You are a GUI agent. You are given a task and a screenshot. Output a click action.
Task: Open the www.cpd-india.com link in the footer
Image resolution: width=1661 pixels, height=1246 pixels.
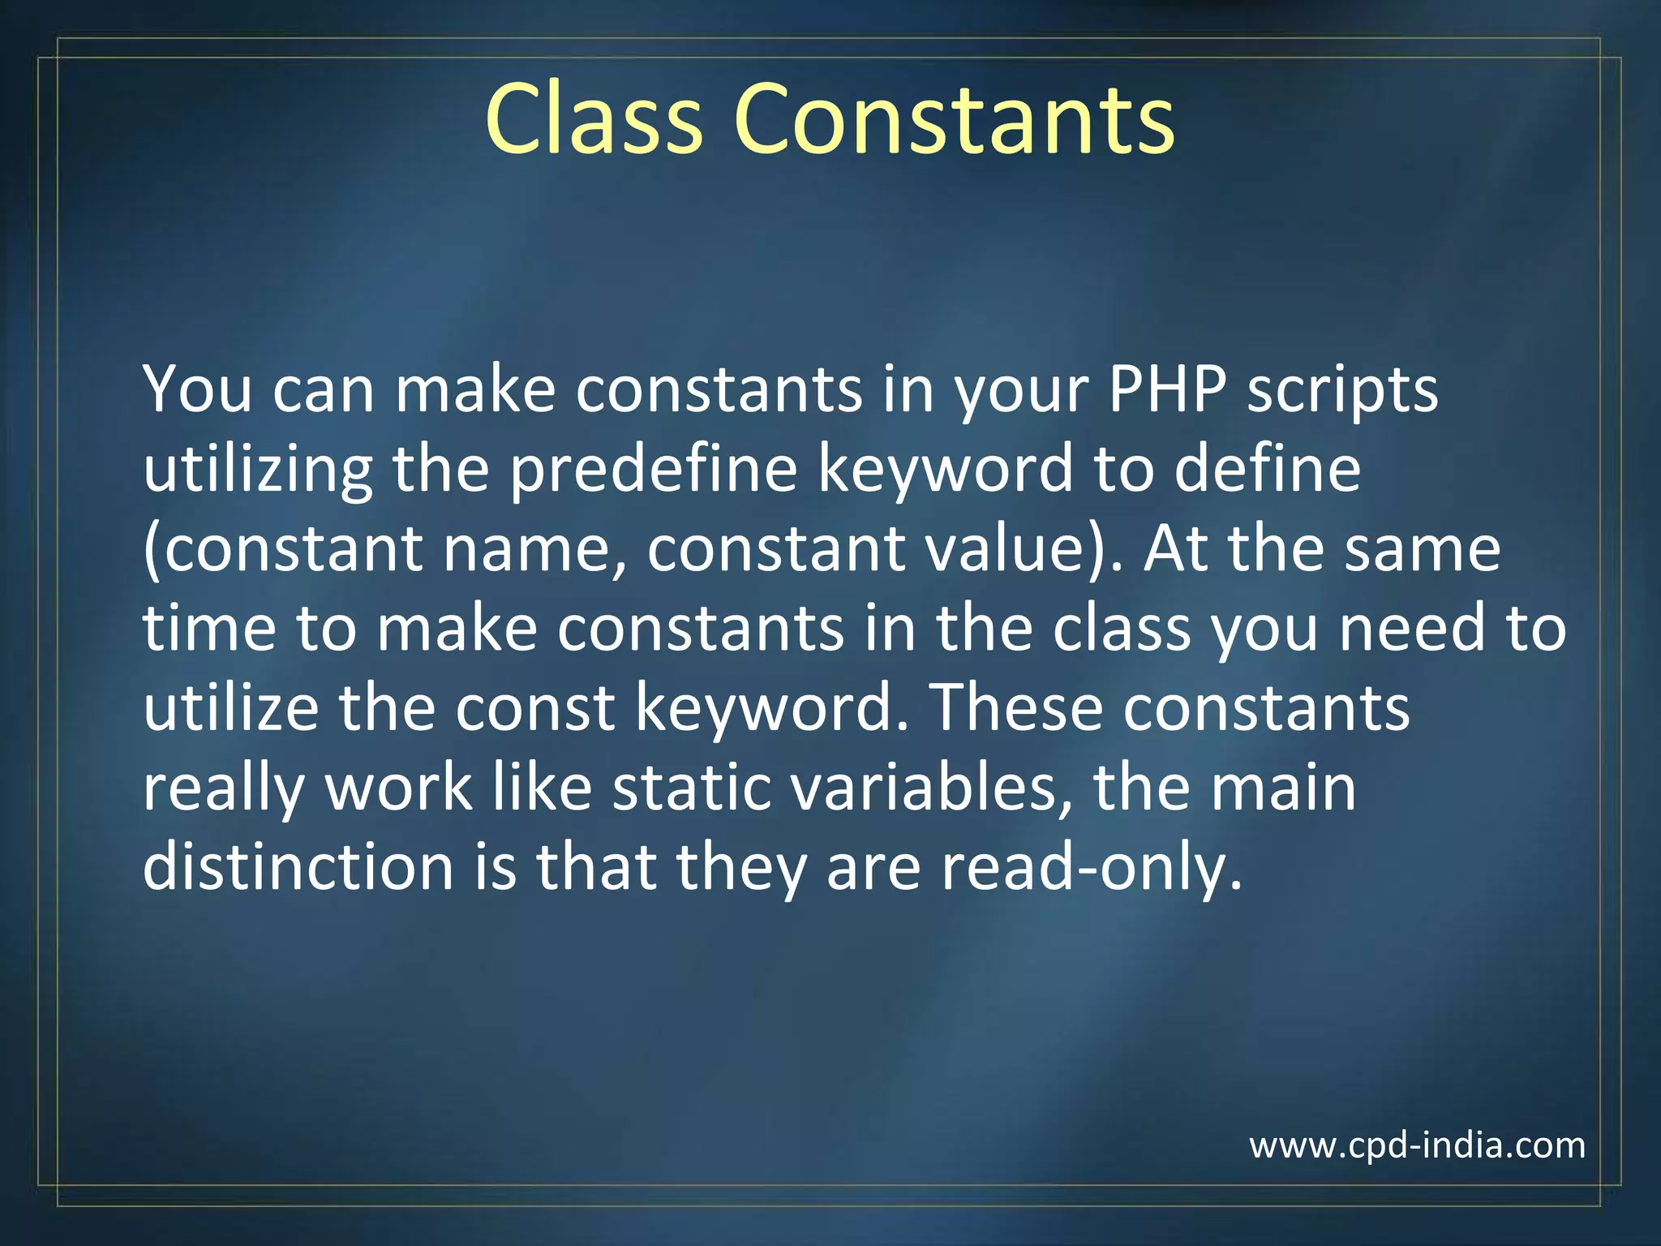(1417, 1145)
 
